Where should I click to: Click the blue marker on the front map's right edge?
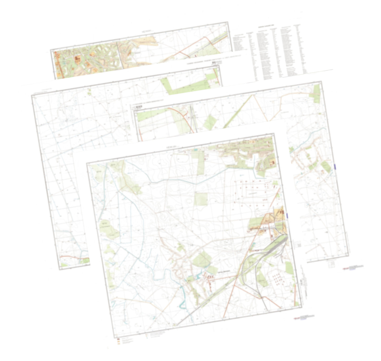coord(287,215)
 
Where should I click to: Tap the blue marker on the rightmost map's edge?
coord(335,166)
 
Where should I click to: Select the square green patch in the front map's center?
coord(201,199)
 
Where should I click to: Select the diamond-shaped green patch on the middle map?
coord(210,122)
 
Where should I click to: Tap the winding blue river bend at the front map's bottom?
coord(183,301)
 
